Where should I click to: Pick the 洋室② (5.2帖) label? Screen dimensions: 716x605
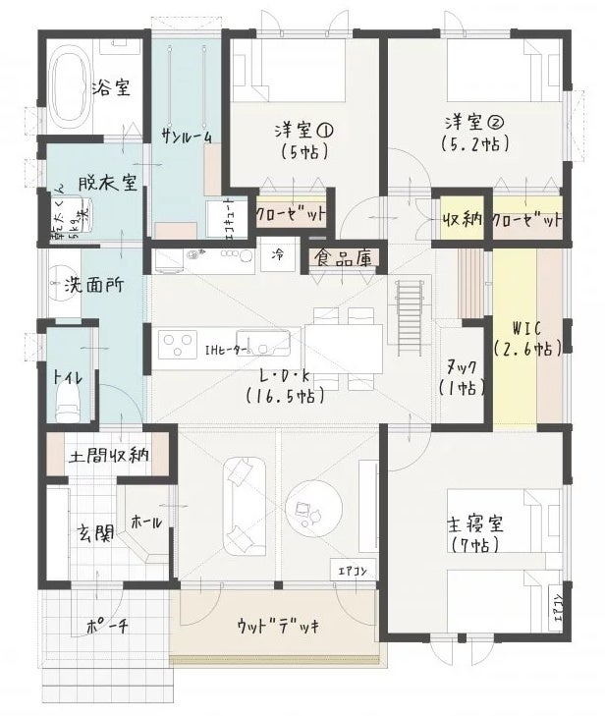coord(474,133)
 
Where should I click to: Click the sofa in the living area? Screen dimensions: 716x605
coord(243,505)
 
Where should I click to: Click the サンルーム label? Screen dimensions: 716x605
coord(187,136)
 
